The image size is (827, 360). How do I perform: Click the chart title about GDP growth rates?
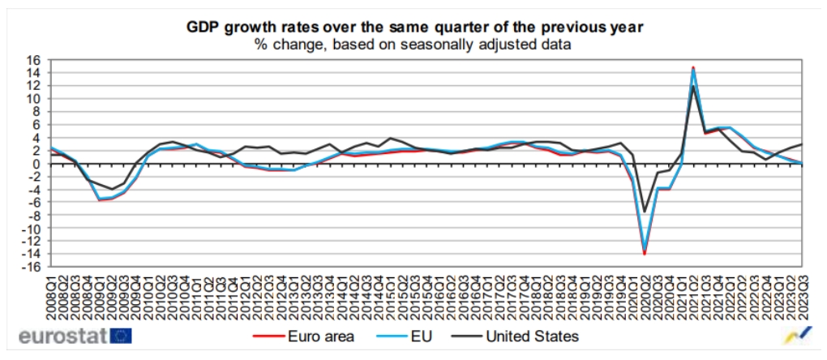coord(414,27)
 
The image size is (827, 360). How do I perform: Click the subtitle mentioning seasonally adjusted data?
coord(414,45)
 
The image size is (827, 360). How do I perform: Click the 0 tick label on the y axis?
coord(36,164)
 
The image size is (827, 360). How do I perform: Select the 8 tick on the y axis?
coord(36,112)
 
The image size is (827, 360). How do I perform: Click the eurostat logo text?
coord(62,336)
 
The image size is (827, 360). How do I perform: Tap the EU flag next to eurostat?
coord(122,336)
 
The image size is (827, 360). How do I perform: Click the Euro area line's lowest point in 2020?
coord(645,254)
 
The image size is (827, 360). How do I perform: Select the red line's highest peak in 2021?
coord(693,67)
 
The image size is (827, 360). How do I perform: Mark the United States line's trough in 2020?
coord(645,212)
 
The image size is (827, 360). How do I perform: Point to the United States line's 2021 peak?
coord(693,87)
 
